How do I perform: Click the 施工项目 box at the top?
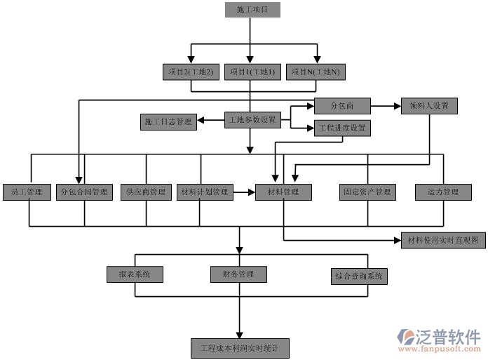pos(252,10)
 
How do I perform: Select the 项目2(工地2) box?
pos(191,72)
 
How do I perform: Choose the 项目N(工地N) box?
pos(316,72)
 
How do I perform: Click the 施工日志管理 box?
pos(168,121)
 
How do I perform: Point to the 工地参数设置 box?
pos(252,120)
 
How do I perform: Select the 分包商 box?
pos(341,106)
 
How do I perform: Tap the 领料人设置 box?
pos(429,106)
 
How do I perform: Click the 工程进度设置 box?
pos(341,128)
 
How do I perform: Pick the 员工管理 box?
pos(27,192)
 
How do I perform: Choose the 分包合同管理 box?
pos(85,192)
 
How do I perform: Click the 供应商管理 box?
pos(146,192)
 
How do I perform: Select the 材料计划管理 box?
pos(204,192)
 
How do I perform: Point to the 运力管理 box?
pos(442,192)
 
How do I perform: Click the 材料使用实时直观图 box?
pos(442,241)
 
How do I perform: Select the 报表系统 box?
pos(135,274)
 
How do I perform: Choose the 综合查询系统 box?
pos(359,276)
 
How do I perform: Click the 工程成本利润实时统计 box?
pos(239,347)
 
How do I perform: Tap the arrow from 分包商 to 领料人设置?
pos(386,106)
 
